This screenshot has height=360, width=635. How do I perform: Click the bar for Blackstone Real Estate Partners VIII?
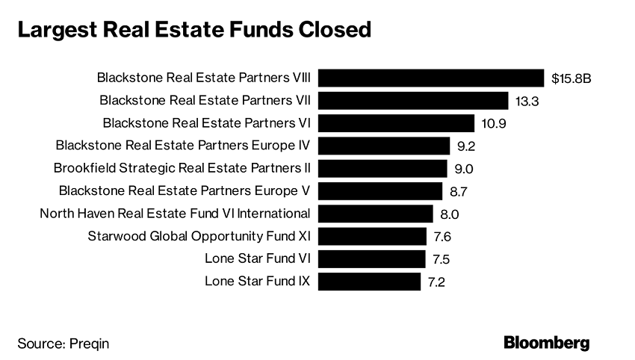[x=431, y=78]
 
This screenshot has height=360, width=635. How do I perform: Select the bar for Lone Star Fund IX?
[x=370, y=282]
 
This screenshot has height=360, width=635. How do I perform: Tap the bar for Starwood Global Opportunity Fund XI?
[x=372, y=237]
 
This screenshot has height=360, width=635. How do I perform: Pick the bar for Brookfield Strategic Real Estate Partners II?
[x=382, y=168]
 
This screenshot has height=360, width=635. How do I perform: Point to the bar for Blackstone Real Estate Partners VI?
[x=397, y=123]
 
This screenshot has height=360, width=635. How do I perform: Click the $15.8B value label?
[x=571, y=78]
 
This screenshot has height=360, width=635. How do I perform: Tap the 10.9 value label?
[x=493, y=123]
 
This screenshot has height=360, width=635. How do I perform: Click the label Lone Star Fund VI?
[x=258, y=259]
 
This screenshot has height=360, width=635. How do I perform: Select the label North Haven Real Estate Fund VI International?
[x=175, y=214]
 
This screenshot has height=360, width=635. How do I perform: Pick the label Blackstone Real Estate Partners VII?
[x=205, y=100]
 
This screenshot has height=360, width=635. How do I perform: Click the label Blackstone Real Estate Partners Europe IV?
[x=183, y=146]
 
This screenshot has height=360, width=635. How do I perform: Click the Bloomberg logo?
[x=546, y=343]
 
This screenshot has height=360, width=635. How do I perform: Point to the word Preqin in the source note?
[x=94, y=344]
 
